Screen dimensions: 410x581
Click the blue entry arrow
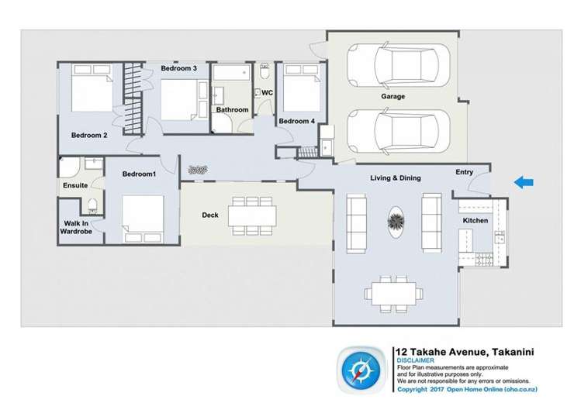(x=524, y=182)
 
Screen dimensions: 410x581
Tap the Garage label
(x=393, y=97)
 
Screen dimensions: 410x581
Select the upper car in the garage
(x=396, y=66)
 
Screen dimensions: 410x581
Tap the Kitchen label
(x=475, y=221)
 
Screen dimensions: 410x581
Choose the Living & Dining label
(x=395, y=178)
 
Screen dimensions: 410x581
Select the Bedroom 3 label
(x=179, y=69)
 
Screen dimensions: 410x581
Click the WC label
(x=267, y=93)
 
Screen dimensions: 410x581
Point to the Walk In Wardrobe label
(x=78, y=228)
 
